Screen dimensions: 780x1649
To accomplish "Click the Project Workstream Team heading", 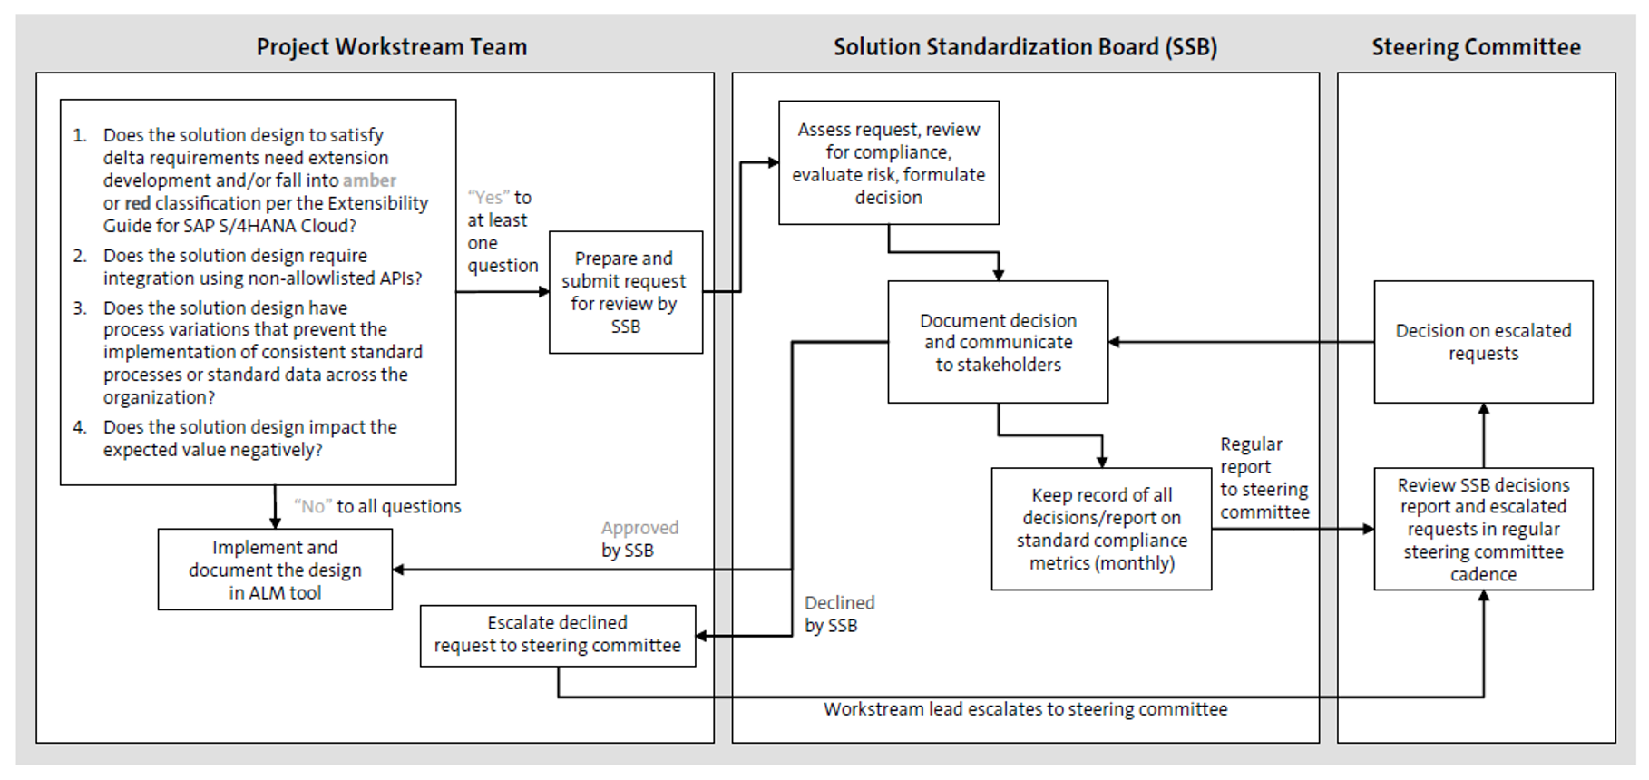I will [391, 47].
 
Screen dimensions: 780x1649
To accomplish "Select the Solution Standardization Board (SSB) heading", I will [1025, 47].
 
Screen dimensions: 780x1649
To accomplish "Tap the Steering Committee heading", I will [1476, 47].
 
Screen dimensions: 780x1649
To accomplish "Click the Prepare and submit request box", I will [625, 292].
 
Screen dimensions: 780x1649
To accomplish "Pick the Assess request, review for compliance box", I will [888, 163].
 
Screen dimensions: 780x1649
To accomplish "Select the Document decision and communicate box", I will [998, 342].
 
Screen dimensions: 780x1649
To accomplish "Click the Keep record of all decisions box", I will [1101, 529].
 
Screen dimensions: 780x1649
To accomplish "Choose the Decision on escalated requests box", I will [1483, 342].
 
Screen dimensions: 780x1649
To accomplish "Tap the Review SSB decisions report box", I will [1483, 529].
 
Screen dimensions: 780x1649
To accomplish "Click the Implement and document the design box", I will [275, 570].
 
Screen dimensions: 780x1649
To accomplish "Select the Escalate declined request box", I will [557, 635].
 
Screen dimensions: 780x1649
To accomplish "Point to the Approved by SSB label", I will [639, 539].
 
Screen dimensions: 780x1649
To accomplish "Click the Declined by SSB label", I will [838, 614].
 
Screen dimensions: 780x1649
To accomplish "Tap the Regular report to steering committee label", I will [1264, 478].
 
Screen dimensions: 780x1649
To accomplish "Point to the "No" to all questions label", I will [377, 506].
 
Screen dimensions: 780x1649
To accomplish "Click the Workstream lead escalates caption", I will [1025, 709].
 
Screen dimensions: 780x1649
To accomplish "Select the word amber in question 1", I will [369, 180].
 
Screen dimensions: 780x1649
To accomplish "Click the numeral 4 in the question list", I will [80, 427].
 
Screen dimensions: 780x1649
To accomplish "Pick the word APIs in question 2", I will [392, 278].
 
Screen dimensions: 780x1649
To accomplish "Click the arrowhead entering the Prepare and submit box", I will [544, 292].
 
